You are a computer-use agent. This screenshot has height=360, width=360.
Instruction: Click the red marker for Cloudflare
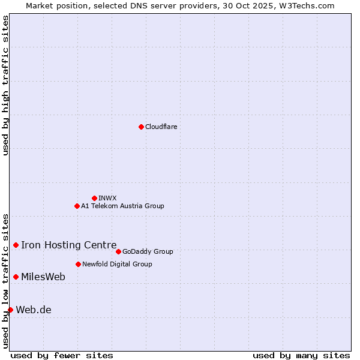pyautogui.click(x=141, y=127)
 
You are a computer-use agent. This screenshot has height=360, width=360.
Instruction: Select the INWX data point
pyautogui.click(x=94, y=198)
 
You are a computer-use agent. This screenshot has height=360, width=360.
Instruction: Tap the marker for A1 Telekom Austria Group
pyautogui.click(x=77, y=206)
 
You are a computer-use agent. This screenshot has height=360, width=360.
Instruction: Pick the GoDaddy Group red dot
pyautogui.click(x=118, y=251)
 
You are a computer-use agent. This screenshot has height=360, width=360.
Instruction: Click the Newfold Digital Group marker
pyautogui.click(x=78, y=264)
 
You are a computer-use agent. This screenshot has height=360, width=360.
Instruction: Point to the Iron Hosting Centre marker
pyautogui.click(x=16, y=245)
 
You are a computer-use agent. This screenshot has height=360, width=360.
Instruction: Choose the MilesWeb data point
pyautogui.click(x=16, y=277)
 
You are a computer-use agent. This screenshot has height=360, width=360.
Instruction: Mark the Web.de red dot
pyautogui.click(x=10, y=310)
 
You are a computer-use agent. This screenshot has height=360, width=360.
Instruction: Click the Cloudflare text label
pyautogui.click(x=161, y=127)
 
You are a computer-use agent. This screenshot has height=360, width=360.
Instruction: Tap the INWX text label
pyautogui.click(x=107, y=198)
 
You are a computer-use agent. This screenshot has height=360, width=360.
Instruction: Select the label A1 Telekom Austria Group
pyautogui.click(x=122, y=206)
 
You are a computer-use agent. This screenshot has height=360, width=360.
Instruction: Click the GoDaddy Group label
pyautogui.click(x=148, y=251)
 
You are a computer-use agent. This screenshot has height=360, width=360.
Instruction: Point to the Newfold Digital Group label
pyautogui.click(x=117, y=264)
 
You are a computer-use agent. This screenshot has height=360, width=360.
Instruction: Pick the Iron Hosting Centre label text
pyautogui.click(x=68, y=245)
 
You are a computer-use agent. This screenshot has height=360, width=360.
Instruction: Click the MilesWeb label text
pyautogui.click(x=43, y=277)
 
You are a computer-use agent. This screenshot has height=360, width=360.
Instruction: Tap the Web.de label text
pyautogui.click(x=34, y=310)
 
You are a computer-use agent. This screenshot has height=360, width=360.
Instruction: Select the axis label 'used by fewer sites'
pyautogui.click(x=62, y=355)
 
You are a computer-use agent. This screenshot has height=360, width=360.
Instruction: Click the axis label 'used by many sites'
pyautogui.click(x=301, y=355)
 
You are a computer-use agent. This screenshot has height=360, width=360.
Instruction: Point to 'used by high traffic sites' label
pyautogui.click(x=5, y=85)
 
